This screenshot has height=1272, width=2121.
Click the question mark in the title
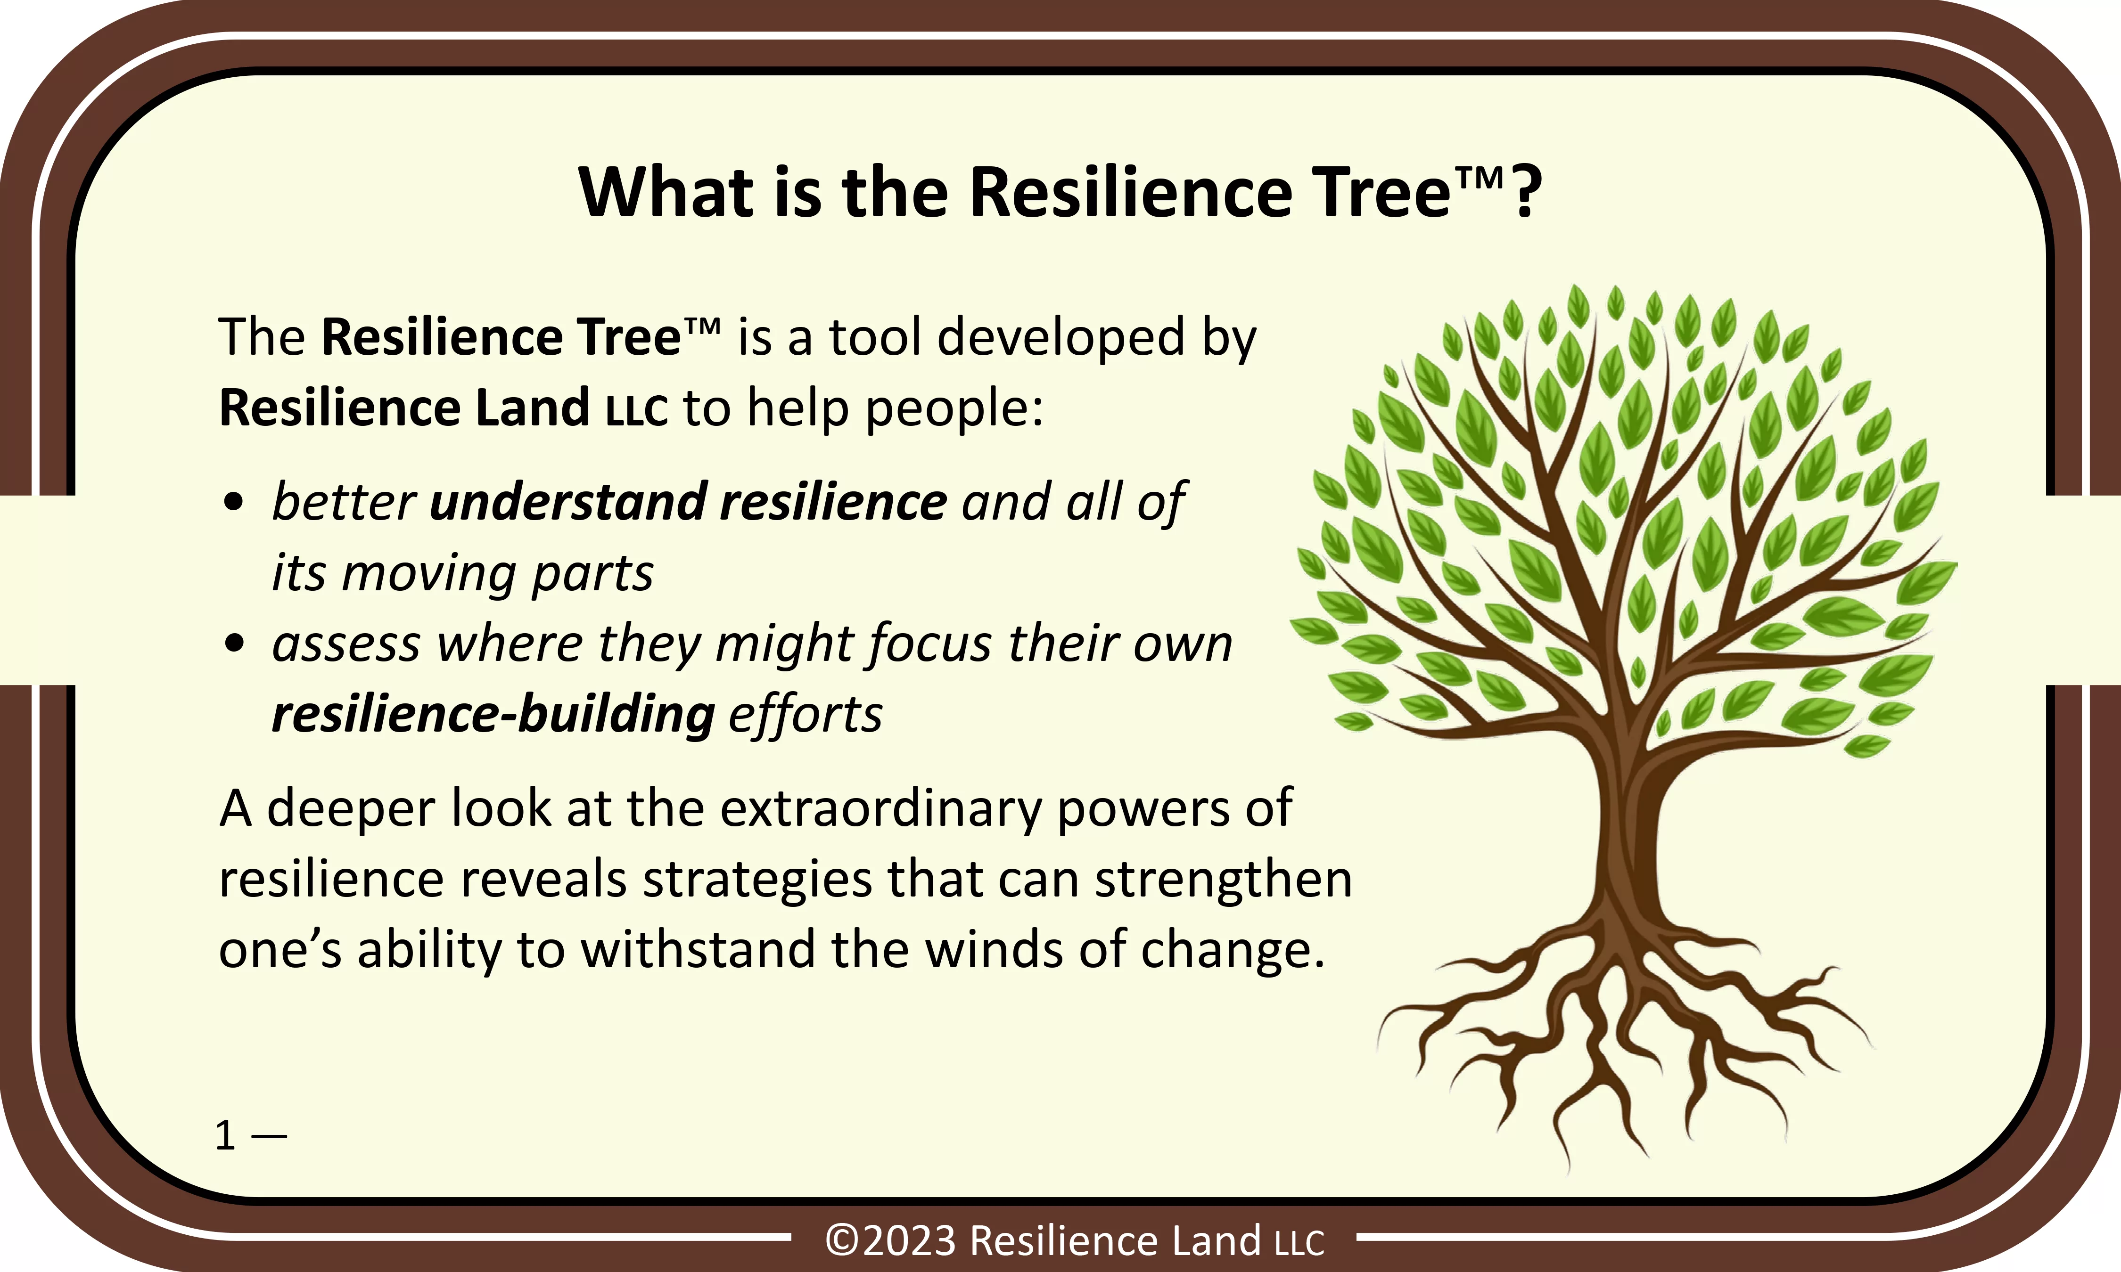(1526, 192)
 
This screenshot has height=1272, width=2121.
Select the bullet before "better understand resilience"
(233, 502)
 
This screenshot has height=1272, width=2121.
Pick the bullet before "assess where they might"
(233, 644)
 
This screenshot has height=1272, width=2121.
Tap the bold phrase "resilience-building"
(493, 714)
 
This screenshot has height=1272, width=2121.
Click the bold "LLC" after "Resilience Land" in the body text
(636, 410)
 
